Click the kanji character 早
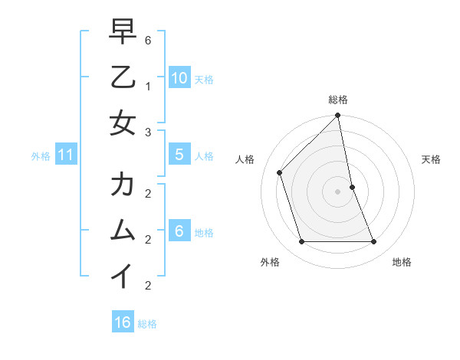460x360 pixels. click(123, 32)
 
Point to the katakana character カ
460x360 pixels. click(123, 185)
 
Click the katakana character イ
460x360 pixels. click(123, 275)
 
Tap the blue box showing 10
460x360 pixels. click(179, 77)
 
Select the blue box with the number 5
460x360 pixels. click(179, 155)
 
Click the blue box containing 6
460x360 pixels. click(179, 231)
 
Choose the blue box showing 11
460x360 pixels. click(66, 155)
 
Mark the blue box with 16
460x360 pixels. click(123, 322)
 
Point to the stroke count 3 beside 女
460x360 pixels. click(148, 133)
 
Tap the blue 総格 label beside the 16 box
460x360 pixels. click(147, 324)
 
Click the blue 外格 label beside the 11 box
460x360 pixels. click(41, 156)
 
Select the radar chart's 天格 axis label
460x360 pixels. click(431, 159)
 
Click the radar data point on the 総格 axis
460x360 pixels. click(337, 116)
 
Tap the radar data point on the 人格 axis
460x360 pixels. click(280, 172)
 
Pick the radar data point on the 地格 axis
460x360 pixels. click(373, 242)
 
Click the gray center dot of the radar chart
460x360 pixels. click(337, 191)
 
